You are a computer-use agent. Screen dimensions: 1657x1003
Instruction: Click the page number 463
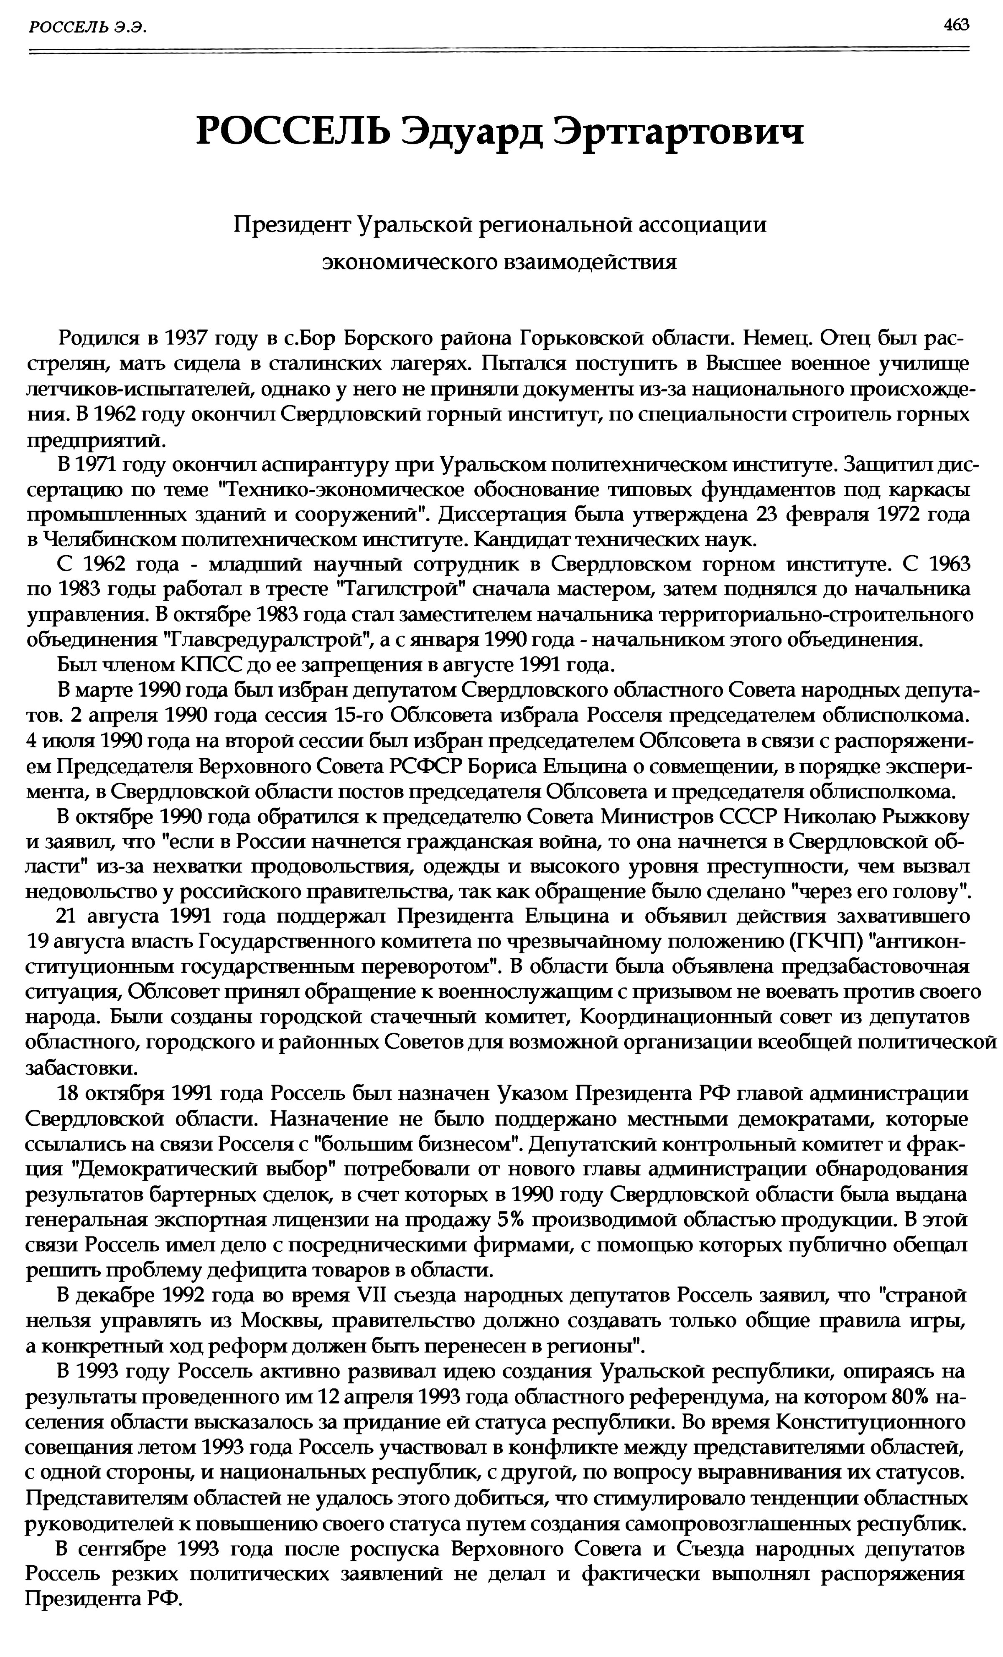click(956, 25)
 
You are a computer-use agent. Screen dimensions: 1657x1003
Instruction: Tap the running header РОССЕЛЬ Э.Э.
click(87, 26)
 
